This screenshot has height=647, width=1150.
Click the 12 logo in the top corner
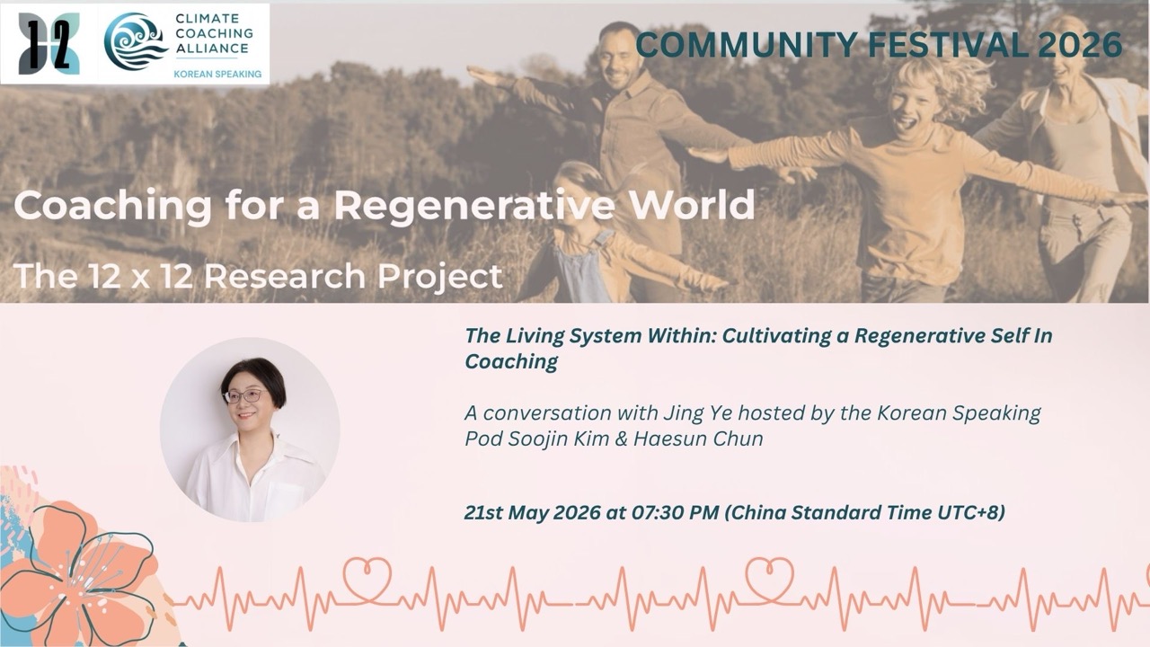click(x=49, y=44)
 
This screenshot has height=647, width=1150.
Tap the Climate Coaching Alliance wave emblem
click(x=136, y=41)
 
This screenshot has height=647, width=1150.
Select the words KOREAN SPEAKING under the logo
click(x=217, y=74)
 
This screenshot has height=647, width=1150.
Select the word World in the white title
click(x=689, y=204)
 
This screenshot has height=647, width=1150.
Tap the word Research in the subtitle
click(x=285, y=276)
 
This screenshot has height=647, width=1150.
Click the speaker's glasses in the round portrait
click(x=245, y=396)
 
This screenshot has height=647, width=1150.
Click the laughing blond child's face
click(x=915, y=110)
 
